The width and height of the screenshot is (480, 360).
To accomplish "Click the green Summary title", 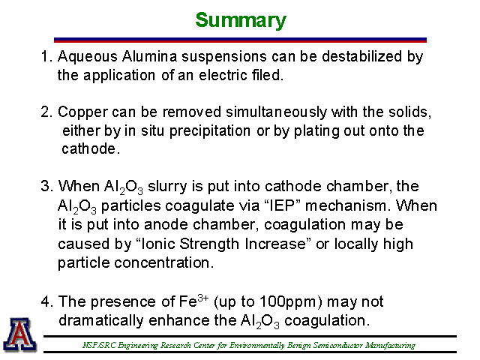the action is (241, 20).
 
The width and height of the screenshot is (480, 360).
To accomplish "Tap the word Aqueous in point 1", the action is (88, 57).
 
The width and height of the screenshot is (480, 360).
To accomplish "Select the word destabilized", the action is (361, 56).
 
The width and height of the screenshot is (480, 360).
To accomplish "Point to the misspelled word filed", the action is (268, 75).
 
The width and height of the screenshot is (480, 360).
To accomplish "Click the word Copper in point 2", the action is (82, 112).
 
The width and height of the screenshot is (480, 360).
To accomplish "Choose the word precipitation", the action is (210, 132).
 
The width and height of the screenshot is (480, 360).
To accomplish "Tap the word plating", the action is (316, 132).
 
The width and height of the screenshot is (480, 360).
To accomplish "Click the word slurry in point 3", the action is (167, 187).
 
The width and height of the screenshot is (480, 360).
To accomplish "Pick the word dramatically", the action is (101, 322).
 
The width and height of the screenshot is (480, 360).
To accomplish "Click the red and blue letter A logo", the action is (19, 334).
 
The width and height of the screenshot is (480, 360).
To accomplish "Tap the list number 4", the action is (45, 301).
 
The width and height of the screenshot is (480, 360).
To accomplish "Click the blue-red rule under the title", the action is (240, 40).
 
